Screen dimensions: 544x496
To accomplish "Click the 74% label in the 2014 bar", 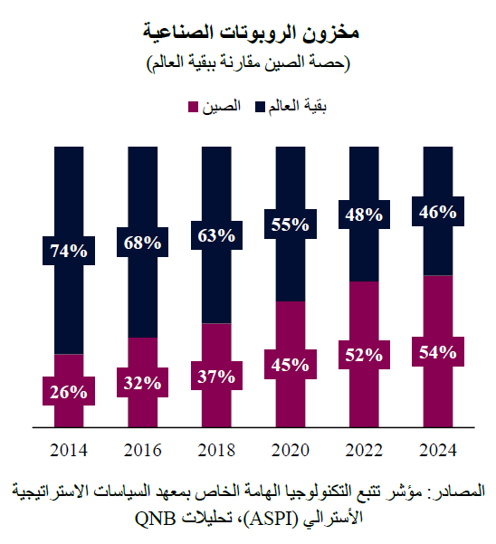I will [x=70, y=251].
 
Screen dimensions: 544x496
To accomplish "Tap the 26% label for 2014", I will [x=70, y=392].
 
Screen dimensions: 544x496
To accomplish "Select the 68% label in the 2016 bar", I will [x=143, y=242].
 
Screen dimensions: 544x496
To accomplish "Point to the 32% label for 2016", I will [x=143, y=383].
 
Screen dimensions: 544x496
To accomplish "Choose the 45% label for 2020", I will [x=289, y=365].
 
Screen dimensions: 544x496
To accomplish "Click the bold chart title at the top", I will [x=251, y=33].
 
